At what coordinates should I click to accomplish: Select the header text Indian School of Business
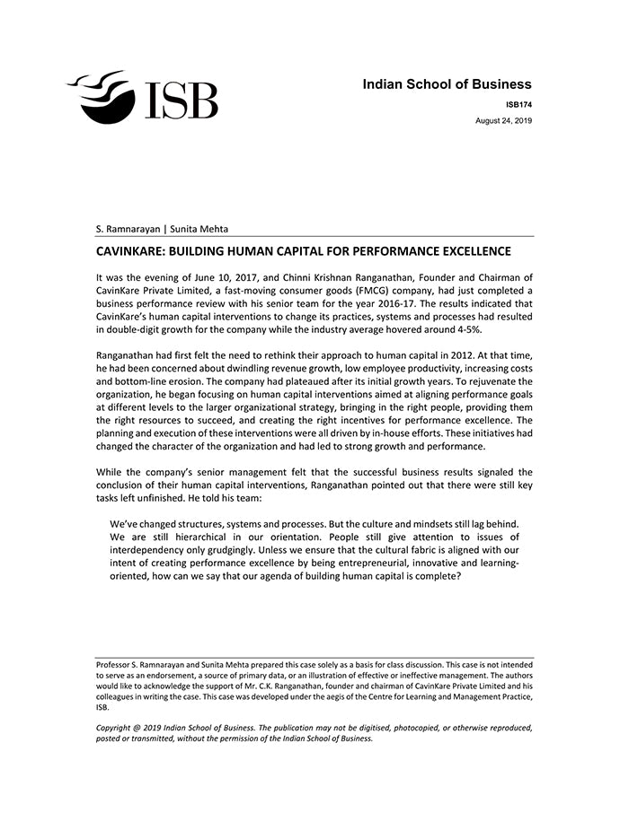click(447, 84)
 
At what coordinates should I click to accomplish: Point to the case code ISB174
click(518, 105)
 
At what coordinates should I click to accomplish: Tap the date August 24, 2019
click(503, 120)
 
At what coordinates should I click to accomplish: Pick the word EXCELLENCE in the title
click(473, 251)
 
